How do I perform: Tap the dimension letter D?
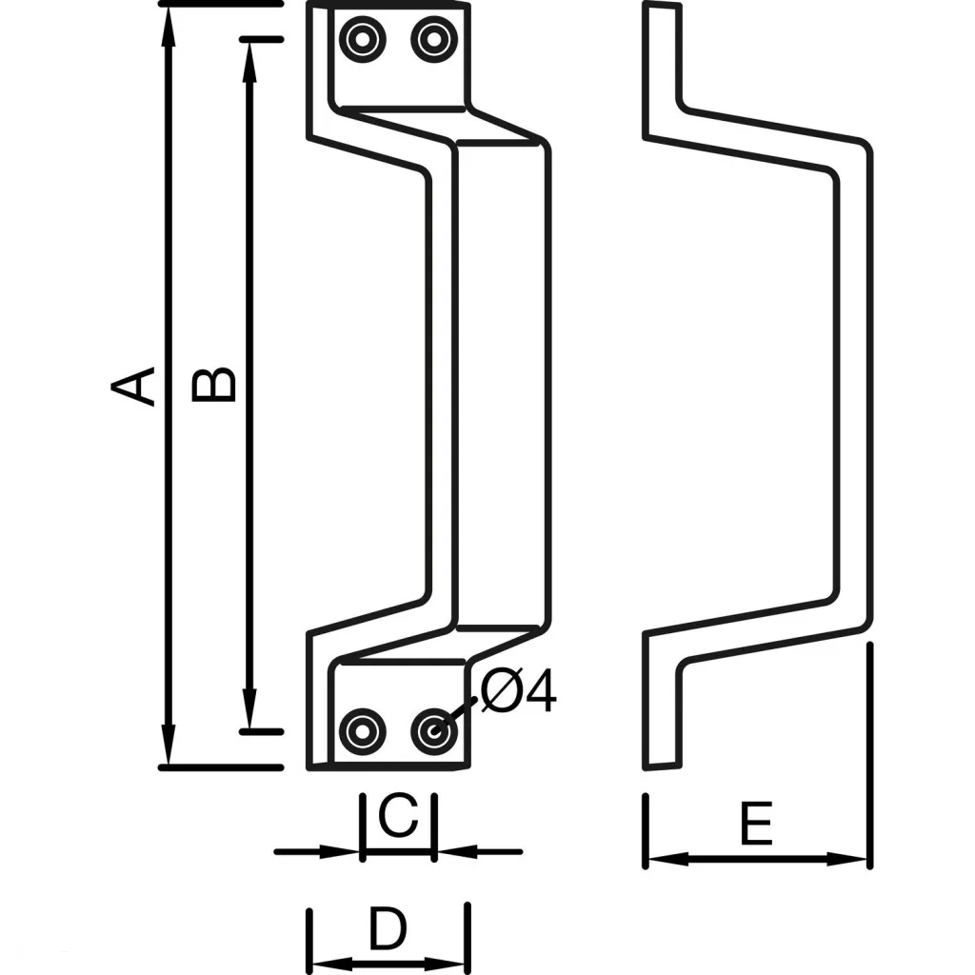click(387, 929)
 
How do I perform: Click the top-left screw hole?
click(363, 40)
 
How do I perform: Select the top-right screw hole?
click(433, 40)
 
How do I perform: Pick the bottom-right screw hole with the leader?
click(433, 730)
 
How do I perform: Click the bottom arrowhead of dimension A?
click(169, 748)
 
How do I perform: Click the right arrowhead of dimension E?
click(855, 859)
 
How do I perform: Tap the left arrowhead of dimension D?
click(324, 964)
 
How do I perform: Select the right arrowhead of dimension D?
click(457, 964)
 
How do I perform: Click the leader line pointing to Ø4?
click(459, 712)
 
